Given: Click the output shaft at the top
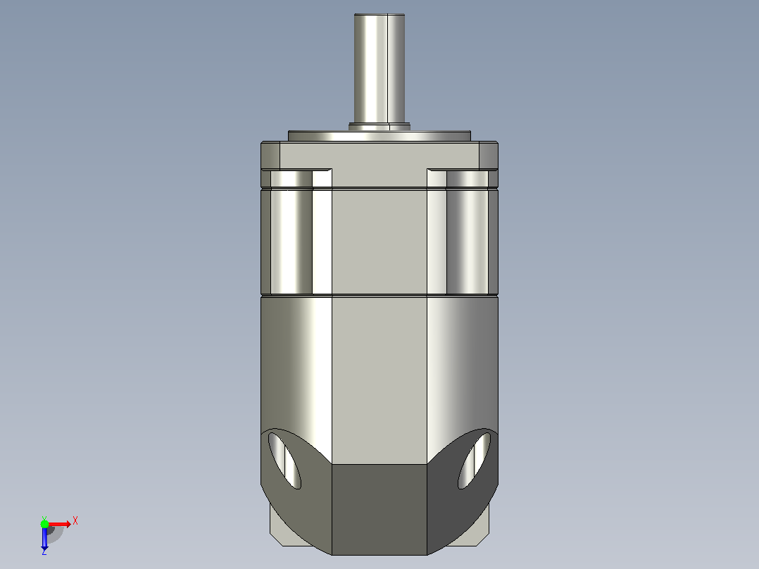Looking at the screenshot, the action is pyautogui.click(x=379, y=68).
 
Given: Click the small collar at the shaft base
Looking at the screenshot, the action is pyautogui.click(x=379, y=127).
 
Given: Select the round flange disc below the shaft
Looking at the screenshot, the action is pyautogui.click(x=379, y=136).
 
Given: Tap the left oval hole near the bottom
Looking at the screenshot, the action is pyautogui.click(x=284, y=461).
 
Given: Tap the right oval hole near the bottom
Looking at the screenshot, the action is pyautogui.click(x=475, y=461).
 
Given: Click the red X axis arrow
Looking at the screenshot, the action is pyautogui.click(x=60, y=524).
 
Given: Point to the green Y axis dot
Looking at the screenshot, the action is pyautogui.click(x=44, y=523).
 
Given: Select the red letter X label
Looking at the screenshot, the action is pyautogui.click(x=75, y=521).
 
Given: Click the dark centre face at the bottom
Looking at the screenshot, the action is pyautogui.click(x=379, y=509).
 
